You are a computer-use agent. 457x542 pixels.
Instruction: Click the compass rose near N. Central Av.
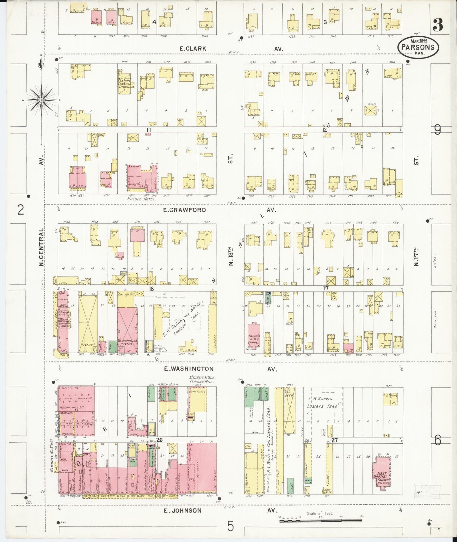41,100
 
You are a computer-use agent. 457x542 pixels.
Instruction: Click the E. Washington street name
189,369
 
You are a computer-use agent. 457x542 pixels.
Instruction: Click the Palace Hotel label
141,199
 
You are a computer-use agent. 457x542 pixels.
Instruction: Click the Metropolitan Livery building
127,330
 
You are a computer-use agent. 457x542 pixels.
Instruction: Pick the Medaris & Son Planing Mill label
201,379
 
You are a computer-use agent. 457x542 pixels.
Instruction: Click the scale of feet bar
321,520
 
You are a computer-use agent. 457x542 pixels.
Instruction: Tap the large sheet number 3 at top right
438,25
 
